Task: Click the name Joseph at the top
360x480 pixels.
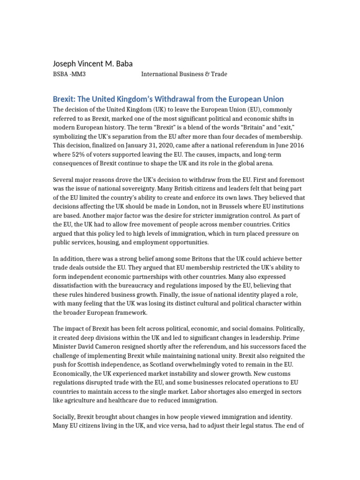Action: point(65,63)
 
